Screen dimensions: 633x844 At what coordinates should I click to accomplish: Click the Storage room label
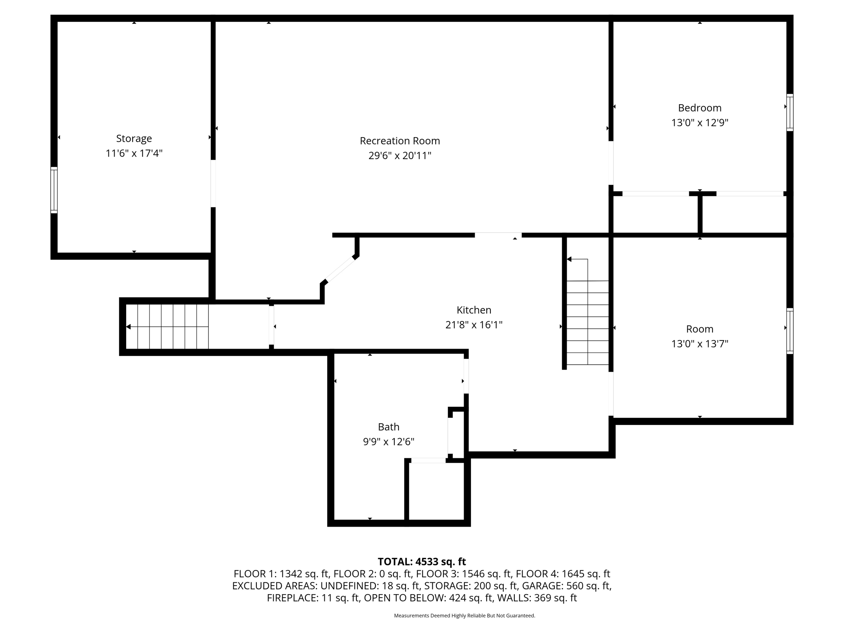coord(134,138)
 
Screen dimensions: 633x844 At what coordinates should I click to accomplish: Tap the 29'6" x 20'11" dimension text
coord(400,156)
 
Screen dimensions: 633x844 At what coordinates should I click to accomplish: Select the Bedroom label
coord(699,108)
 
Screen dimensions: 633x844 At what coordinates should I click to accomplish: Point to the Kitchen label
coord(474,310)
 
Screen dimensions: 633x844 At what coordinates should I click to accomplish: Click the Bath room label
coord(389,427)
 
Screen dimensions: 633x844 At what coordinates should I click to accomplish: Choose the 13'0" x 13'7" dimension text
coord(699,344)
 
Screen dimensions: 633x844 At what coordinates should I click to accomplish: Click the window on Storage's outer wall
coord(54,190)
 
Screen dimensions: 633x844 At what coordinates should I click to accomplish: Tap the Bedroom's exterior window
coord(790,113)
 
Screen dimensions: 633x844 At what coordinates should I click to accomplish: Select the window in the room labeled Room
coord(790,331)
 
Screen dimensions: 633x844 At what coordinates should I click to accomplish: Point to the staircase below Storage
coord(167,327)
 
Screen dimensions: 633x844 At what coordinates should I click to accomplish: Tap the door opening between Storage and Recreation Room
coord(213,183)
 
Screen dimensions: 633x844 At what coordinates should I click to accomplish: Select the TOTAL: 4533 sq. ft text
coord(422,562)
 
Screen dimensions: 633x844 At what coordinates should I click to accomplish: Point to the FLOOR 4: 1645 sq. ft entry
coord(563,574)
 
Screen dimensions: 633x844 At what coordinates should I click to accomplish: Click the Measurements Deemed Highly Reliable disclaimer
coord(464,616)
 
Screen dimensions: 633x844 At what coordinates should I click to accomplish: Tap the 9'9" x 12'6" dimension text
coord(389,442)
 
